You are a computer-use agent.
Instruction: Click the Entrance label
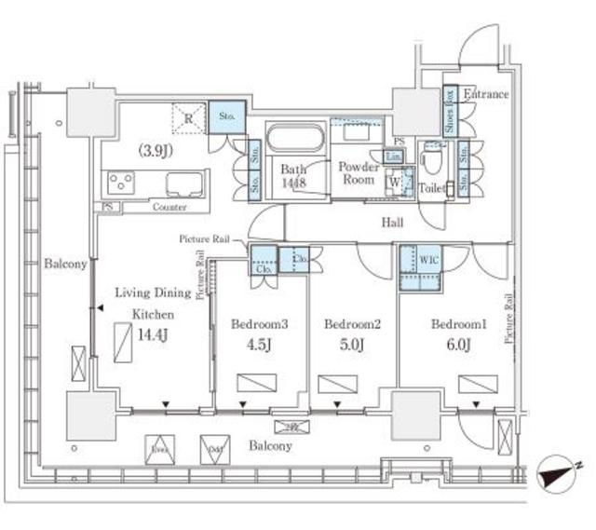(486, 94)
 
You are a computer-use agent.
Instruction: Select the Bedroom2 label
(348, 324)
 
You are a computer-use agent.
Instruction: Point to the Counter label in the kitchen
(168, 207)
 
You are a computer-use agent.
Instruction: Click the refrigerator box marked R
(189, 118)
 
